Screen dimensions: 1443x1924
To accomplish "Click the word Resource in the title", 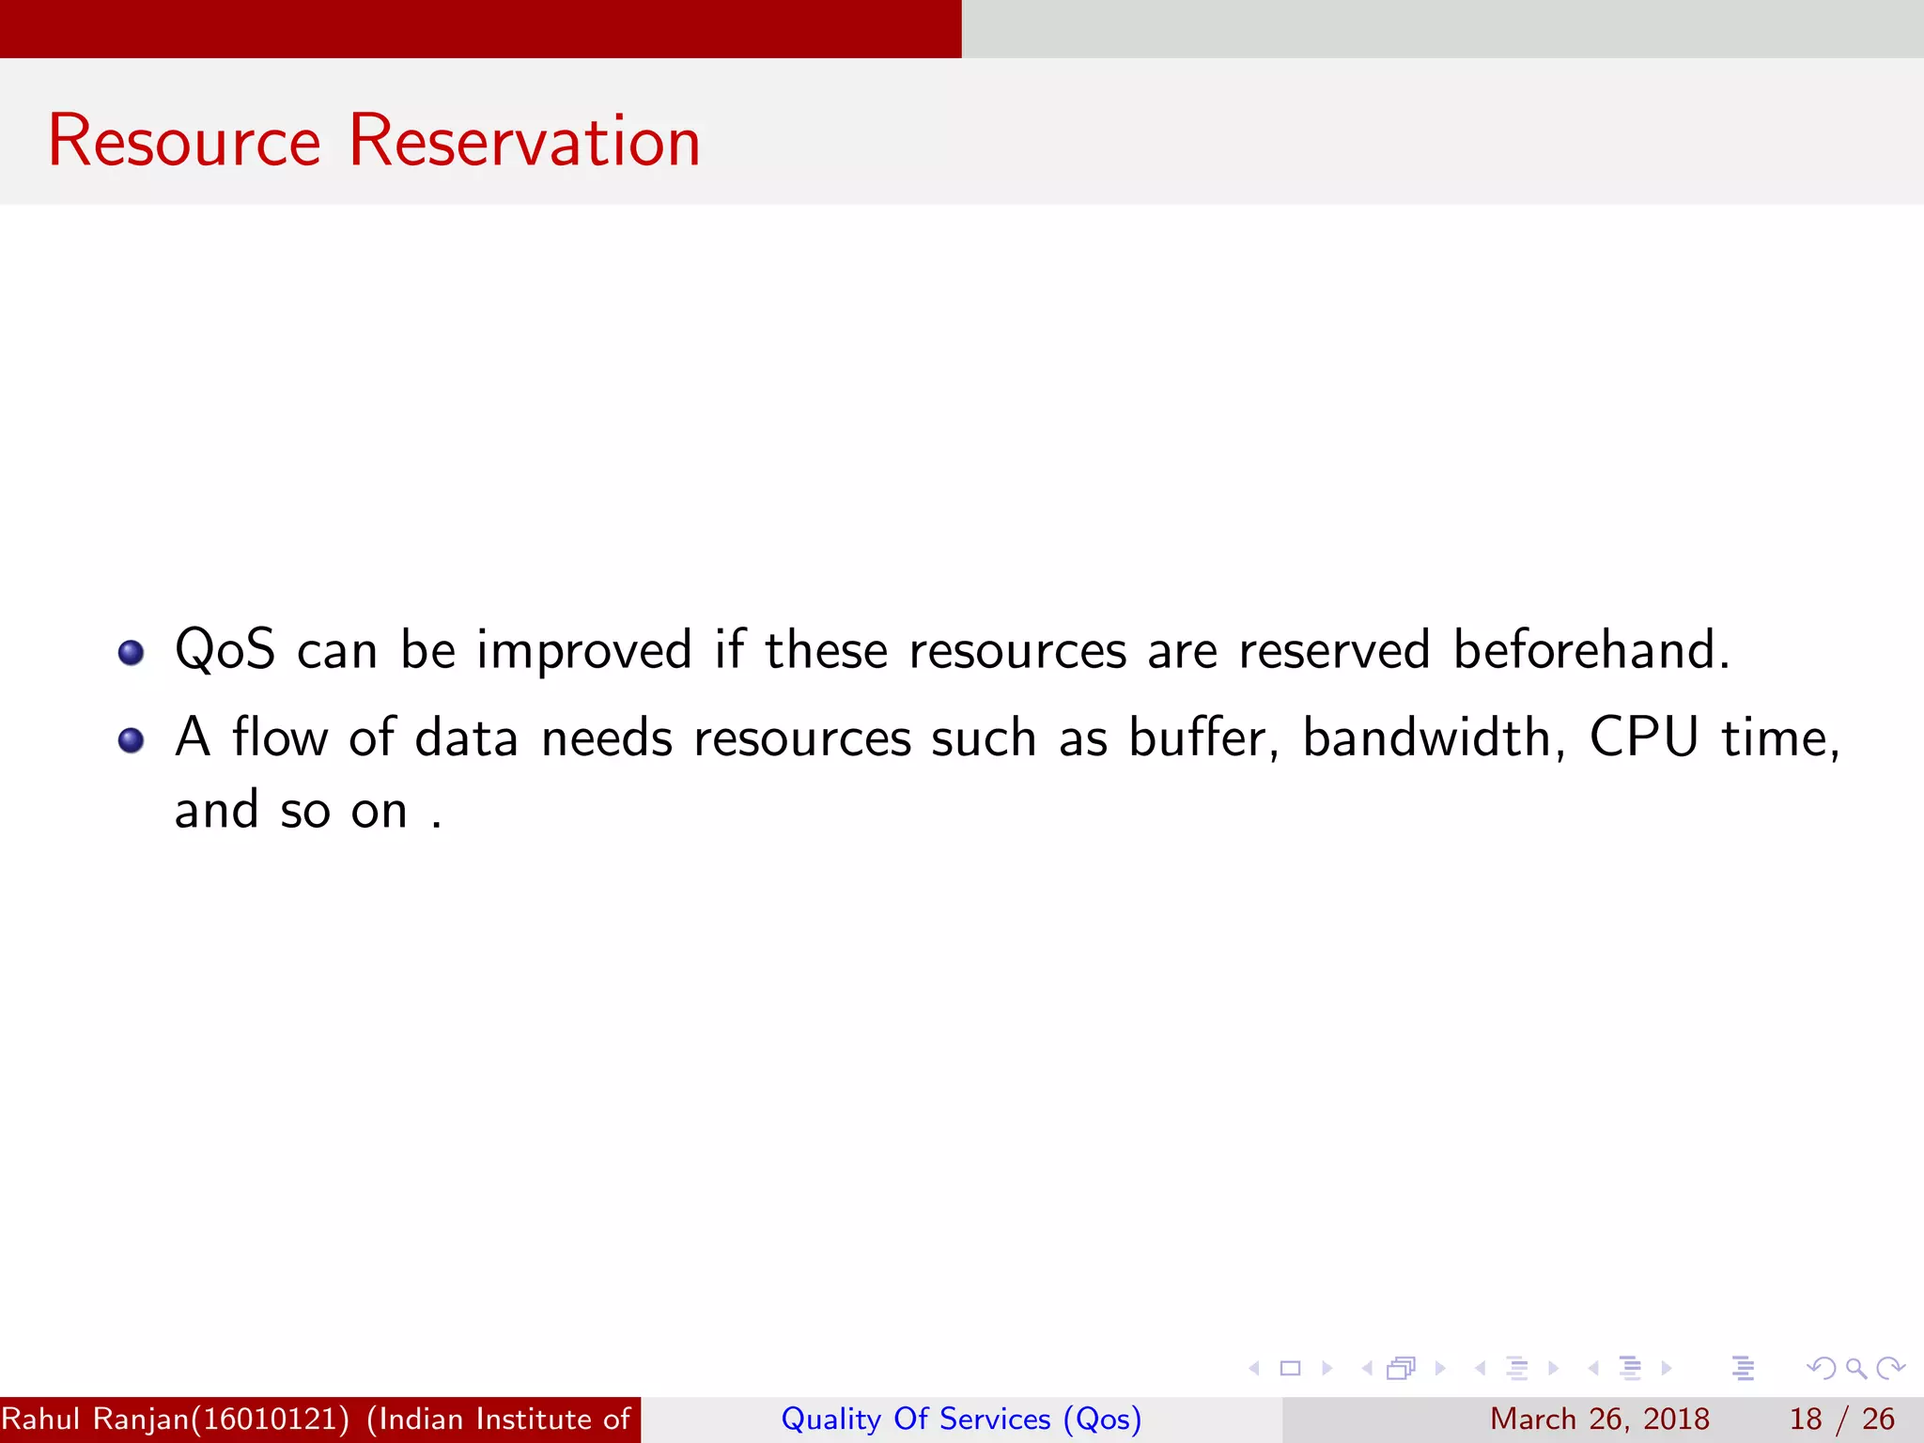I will click(184, 141).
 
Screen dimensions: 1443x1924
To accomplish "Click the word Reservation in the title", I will click(524, 141).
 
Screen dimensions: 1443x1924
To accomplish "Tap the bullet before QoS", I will click(131, 652).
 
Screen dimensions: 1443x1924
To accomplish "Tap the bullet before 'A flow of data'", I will click(131, 740).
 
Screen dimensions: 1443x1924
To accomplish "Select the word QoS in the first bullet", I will click(225, 650).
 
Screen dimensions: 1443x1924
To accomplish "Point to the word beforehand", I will click(1590, 650).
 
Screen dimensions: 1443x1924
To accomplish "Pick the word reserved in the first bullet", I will click(1334, 650).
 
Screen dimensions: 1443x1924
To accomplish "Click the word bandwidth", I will click(1433, 737).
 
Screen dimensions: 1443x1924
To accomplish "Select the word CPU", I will click(1644, 737).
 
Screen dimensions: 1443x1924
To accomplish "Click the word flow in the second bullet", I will click(280, 737).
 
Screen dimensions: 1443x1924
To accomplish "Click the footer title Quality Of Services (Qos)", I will click(961, 1419).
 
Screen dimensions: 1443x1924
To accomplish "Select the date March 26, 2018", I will click(1599, 1419).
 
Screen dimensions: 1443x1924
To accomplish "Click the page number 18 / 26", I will click(1841, 1419).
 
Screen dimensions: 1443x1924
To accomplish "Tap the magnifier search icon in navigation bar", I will click(1855, 1368).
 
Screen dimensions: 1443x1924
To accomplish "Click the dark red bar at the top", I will click(480, 28).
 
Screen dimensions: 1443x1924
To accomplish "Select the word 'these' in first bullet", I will click(826, 650).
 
